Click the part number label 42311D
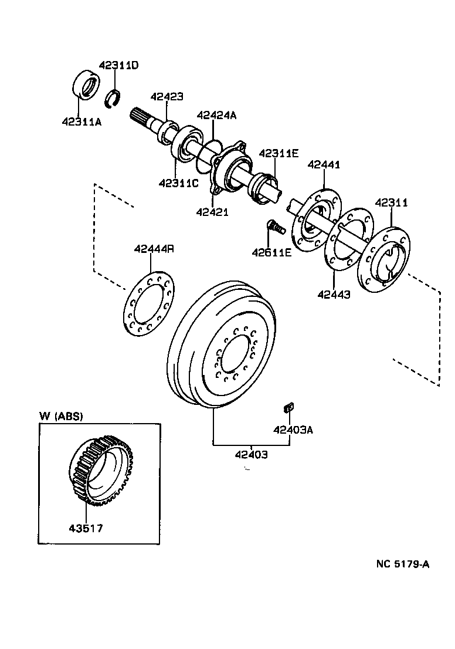pyautogui.click(x=118, y=65)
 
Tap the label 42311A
pyautogui.click(x=82, y=122)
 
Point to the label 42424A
pyautogui.click(x=216, y=115)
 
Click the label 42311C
pyautogui.click(x=178, y=183)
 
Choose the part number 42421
pyautogui.click(x=212, y=211)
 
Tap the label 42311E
pyautogui.click(x=279, y=153)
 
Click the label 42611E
pyautogui.click(x=271, y=253)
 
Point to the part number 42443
pyautogui.click(x=334, y=295)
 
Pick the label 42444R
pyautogui.click(x=154, y=248)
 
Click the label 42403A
pyautogui.click(x=293, y=430)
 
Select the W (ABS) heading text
pyautogui.click(x=61, y=416)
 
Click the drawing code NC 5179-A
pyautogui.click(x=403, y=565)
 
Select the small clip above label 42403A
pyautogui.click(x=288, y=406)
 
